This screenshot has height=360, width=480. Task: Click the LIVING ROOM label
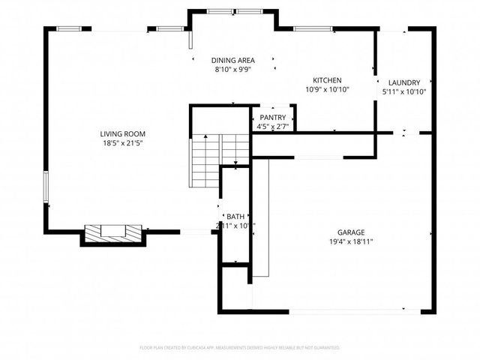click(122, 133)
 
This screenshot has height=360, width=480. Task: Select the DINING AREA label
click(232, 60)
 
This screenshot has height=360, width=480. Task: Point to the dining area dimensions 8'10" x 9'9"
click(232, 69)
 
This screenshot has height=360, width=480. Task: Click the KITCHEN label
click(328, 80)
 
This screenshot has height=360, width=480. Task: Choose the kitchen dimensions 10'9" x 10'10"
click(328, 89)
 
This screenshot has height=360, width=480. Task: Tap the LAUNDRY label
click(405, 82)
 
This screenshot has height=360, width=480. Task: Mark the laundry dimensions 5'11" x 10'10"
click(405, 91)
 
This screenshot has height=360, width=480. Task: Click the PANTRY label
click(272, 118)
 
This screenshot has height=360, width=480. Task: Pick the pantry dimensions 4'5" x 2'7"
click(272, 127)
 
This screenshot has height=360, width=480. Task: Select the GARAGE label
click(351, 232)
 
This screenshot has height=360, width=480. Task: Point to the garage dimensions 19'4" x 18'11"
click(351, 241)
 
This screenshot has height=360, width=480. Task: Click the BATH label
click(235, 216)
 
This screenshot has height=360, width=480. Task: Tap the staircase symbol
click(208, 160)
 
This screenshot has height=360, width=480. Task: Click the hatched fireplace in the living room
click(112, 233)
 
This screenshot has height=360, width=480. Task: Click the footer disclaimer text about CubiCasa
click(240, 348)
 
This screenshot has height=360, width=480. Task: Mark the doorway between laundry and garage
click(405, 133)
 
